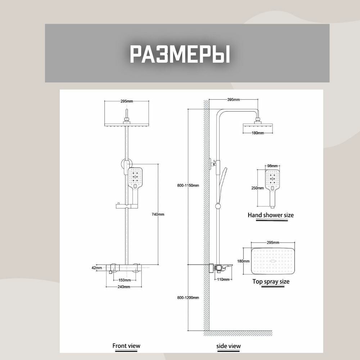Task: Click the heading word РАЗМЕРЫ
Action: [180, 54]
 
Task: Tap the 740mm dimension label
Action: [158, 214]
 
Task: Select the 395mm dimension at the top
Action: [234, 99]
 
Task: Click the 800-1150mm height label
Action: [188, 185]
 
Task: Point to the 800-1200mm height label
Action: [188, 298]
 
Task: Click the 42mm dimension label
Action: [96, 268]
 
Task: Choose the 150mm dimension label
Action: [125, 280]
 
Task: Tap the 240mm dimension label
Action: [124, 287]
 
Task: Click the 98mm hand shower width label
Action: [273, 166]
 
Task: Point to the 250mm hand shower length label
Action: [258, 188]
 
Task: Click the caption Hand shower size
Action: [271, 215]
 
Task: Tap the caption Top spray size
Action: [271, 282]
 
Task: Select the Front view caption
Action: [126, 346]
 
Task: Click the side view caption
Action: [229, 346]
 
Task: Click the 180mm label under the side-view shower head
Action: [258, 133]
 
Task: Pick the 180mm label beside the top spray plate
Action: [243, 261]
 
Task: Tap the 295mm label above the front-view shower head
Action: [127, 101]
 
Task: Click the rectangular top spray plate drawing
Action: [273, 261]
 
